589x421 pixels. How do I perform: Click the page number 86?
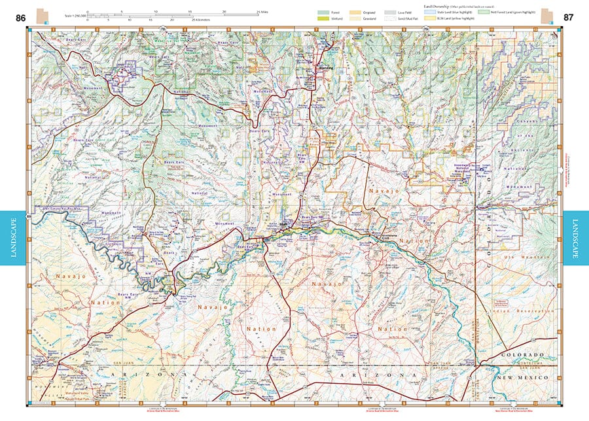[21, 18]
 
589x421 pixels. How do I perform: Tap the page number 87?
[569, 18]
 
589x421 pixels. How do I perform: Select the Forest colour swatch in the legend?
[323, 12]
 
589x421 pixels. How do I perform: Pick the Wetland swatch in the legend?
[323, 18]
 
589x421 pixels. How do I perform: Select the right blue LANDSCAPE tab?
[576, 239]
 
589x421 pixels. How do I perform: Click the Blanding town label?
[325, 68]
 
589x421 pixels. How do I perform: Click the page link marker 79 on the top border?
[426, 29]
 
